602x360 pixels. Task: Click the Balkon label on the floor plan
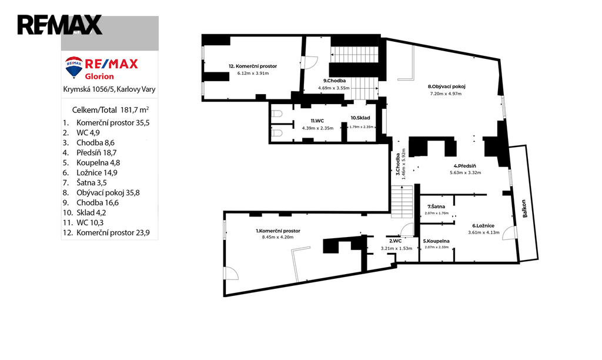point(524,209)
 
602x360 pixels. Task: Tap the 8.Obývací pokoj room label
point(447,86)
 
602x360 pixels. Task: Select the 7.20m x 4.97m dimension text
point(446,94)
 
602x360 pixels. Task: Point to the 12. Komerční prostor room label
point(253,66)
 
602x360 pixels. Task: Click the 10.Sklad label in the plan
point(360,118)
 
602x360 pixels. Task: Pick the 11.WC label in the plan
point(317,121)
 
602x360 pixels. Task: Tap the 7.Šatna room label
point(436,206)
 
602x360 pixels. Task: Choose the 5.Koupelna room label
point(436,241)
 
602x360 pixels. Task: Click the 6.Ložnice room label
point(483,226)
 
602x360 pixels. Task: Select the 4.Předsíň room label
point(465,166)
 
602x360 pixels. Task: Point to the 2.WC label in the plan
point(395,241)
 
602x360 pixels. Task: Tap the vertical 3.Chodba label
point(398,164)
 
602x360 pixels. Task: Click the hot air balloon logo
point(74,67)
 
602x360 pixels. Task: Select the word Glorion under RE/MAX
point(99,76)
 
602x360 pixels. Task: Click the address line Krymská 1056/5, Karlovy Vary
point(109,89)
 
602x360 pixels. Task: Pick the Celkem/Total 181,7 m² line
point(111,110)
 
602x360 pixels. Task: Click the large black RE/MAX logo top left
point(59,25)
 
